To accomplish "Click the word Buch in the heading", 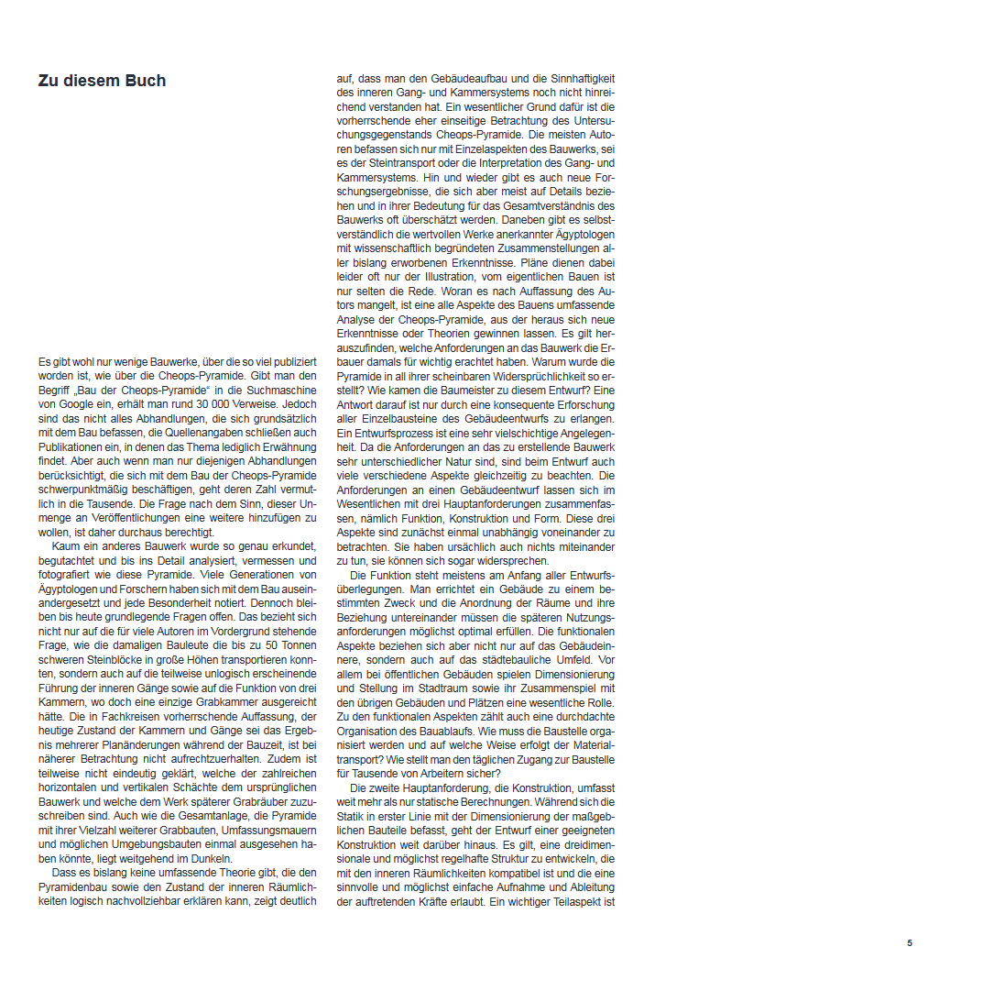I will point(145,81).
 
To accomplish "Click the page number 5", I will point(910,943).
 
